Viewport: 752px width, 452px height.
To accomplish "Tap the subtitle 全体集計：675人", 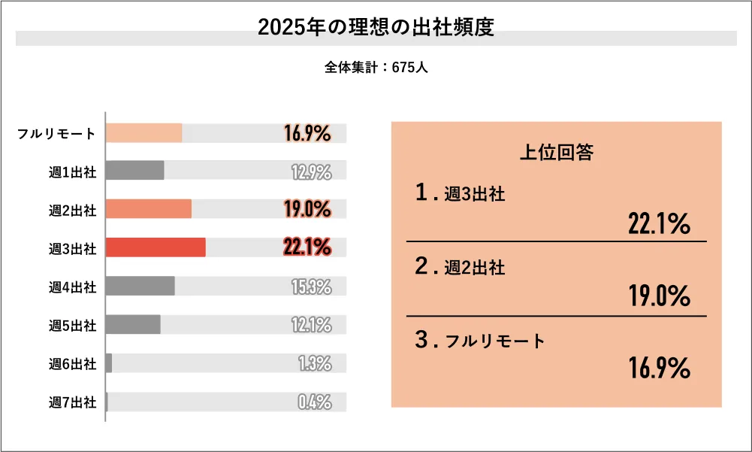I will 376,67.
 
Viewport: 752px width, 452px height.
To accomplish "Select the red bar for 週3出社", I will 156,247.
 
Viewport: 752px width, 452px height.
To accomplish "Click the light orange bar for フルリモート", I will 143,133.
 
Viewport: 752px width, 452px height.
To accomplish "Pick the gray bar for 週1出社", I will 134,171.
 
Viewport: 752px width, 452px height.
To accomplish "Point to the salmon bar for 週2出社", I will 149,209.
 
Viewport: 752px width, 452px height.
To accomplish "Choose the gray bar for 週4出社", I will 140,286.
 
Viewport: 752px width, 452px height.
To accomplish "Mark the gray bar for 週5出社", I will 133,324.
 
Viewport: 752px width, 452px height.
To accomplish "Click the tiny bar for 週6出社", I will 109,363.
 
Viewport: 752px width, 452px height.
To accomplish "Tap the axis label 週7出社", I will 73,402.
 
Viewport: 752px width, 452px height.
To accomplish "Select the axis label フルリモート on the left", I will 57,134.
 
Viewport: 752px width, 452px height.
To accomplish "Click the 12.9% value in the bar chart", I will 311,171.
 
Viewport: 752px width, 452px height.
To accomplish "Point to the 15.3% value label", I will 311,287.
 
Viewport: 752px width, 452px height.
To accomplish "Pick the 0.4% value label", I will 314,402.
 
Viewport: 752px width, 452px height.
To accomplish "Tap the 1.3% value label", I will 314,364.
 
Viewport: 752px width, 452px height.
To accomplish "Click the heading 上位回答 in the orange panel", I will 557,153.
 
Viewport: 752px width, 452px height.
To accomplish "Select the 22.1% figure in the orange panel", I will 659,224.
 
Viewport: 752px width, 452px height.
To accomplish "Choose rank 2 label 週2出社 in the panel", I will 474,266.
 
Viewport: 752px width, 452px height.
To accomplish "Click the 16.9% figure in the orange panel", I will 659,369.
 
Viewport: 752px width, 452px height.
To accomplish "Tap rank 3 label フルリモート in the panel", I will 495,341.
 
